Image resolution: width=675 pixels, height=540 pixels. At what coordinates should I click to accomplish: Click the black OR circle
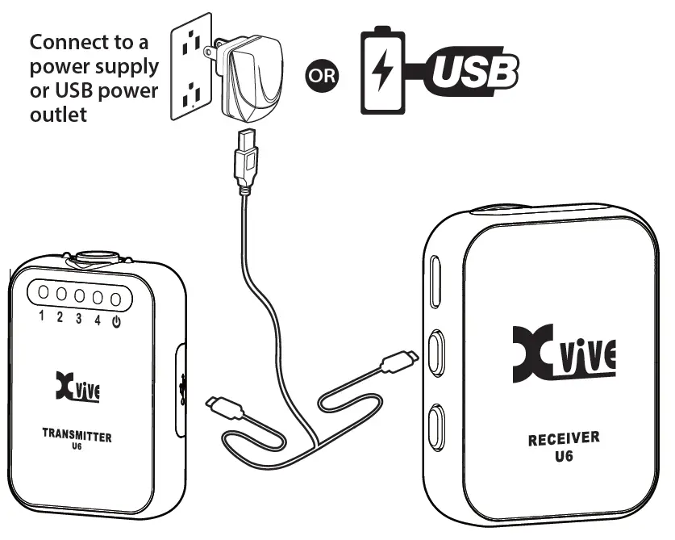pyautogui.click(x=323, y=76)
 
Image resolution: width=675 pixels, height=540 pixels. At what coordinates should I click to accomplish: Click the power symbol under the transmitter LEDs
pyautogui.click(x=117, y=320)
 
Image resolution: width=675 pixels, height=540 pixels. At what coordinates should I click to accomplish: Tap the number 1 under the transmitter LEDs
pyautogui.click(x=42, y=317)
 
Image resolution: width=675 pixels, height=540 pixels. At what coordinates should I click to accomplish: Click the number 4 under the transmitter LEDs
pyautogui.click(x=97, y=320)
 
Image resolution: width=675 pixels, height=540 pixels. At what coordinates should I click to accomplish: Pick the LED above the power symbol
pyautogui.click(x=116, y=299)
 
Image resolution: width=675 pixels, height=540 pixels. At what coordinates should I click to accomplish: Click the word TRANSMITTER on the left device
pyautogui.click(x=77, y=436)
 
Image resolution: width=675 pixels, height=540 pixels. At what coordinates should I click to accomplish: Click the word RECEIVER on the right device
pyautogui.click(x=564, y=439)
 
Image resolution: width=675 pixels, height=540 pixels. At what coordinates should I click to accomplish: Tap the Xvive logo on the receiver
pyautogui.click(x=564, y=351)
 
